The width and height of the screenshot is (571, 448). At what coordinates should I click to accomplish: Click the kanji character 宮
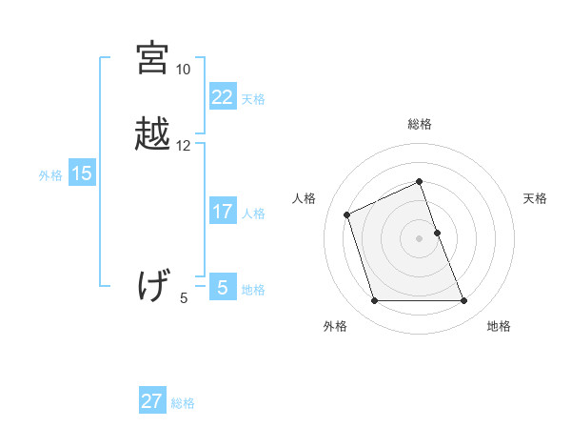pyautogui.click(x=152, y=58)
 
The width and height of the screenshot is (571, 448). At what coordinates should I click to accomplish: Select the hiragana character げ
pyautogui.click(x=152, y=286)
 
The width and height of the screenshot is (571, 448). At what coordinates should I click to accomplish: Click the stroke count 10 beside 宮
pyautogui.click(x=183, y=70)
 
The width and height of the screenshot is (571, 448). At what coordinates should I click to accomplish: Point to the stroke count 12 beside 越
pyautogui.click(x=183, y=146)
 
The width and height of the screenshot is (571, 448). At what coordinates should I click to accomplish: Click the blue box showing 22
pyautogui.click(x=223, y=97)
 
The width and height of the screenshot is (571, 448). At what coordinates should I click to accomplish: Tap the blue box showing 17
pyautogui.click(x=223, y=212)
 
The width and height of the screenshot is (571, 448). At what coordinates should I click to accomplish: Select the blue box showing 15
pyautogui.click(x=82, y=173)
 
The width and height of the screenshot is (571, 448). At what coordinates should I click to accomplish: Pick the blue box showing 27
pyautogui.click(x=152, y=401)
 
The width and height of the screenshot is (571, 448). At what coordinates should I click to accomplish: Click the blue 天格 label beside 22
pyautogui.click(x=253, y=99)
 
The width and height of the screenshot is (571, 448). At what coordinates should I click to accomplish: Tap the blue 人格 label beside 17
pyautogui.click(x=253, y=214)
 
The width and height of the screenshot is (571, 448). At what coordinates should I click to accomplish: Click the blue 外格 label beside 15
pyautogui.click(x=50, y=175)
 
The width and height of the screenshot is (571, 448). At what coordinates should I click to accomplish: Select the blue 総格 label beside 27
pyautogui.click(x=183, y=403)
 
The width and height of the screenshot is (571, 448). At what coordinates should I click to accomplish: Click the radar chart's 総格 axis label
pyautogui.click(x=419, y=124)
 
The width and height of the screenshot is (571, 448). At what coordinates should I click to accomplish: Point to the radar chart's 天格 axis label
pyautogui.click(x=536, y=198)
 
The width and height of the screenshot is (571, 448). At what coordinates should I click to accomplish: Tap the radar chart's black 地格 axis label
pyautogui.click(x=499, y=326)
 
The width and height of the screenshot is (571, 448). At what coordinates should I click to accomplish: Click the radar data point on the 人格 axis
pyautogui.click(x=347, y=214)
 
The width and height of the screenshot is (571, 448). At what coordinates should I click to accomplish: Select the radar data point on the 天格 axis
pyautogui.click(x=437, y=232)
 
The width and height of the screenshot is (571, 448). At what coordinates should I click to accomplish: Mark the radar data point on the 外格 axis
pyautogui.click(x=374, y=301)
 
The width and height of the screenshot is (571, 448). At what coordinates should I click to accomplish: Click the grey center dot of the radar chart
pyautogui.click(x=419, y=237)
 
